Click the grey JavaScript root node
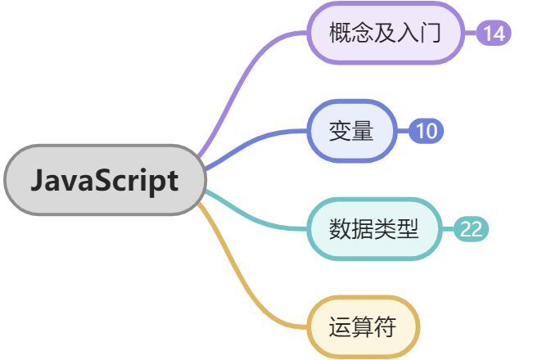pos(104,180)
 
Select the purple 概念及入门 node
pos(386,34)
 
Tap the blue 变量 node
pos(350,131)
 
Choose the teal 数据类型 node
pos(373,228)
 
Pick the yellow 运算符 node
pos(362,327)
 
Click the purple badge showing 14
pos(494,34)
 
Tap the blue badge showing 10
pos(426,131)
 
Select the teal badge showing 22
pos(471,229)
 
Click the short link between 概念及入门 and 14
pos(470,34)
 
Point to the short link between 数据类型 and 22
pos(447,229)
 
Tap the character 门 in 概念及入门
pos(431,34)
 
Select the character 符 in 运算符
pos(385,327)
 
